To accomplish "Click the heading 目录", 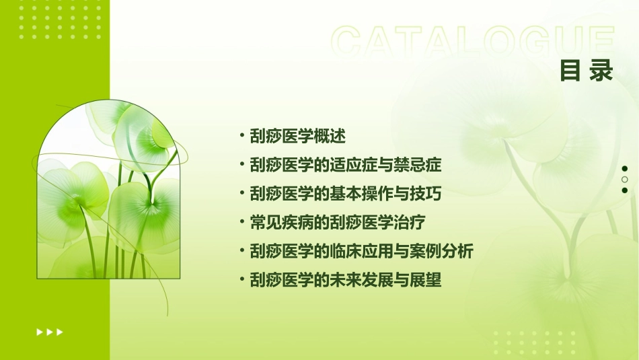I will tap(587, 70).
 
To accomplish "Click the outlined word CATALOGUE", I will tap(473, 42).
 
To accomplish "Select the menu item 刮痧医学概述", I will tap(297, 136).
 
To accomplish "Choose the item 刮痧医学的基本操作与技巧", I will tap(346, 194).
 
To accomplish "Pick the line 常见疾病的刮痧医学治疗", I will tap(336, 222).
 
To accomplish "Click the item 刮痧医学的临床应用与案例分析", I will tap(361, 251).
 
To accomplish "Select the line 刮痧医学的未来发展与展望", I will tap(346, 280).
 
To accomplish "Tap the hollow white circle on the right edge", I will tap(625, 180).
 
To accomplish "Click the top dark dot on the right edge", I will tap(625, 169).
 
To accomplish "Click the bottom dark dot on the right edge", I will tap(625, 190).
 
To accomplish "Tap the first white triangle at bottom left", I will tap(39, 332).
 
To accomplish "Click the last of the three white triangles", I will tap(60, 332).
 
